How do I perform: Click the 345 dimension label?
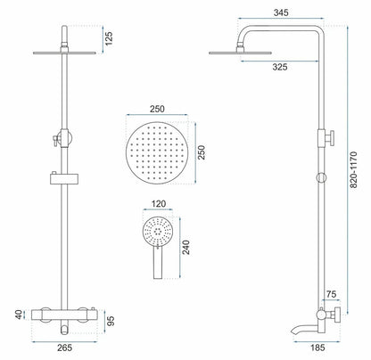point(281,12)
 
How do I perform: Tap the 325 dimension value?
point(280,67)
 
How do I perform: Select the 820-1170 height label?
point(353,169)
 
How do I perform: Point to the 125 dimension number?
point(109,38)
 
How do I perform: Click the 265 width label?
point(64,348)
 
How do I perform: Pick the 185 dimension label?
point(317,348)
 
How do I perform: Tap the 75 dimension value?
point(331,294)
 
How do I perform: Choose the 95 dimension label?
point(111,321)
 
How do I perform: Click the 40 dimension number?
point(19,315)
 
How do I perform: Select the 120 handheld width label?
point(159,204)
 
